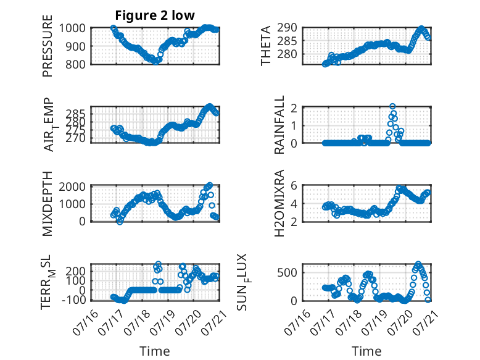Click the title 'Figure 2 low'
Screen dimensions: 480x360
point(155,15)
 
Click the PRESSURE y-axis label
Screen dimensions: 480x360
point(48,46)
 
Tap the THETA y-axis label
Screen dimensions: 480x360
point(266,46)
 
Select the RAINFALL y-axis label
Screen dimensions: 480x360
point(279,125)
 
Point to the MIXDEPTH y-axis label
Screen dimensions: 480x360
point(48,204)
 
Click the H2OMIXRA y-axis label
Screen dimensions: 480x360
point(279,203)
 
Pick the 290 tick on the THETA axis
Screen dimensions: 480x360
point(287,28)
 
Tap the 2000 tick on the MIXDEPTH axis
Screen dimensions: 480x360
point(72,186)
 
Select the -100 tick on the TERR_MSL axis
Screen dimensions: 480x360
point(74,300)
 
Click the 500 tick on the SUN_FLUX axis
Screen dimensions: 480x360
point(287,272)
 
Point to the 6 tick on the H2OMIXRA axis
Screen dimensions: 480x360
point(294,185)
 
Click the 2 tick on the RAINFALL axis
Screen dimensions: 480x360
point(294,108)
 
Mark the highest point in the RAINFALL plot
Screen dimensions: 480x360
point(392,106)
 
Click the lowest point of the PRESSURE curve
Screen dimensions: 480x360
point(156,62)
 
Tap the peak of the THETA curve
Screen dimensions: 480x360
point(421,28)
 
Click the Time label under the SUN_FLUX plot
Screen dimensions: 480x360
point(366,351)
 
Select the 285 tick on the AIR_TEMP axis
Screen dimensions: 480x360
point(76,114)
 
